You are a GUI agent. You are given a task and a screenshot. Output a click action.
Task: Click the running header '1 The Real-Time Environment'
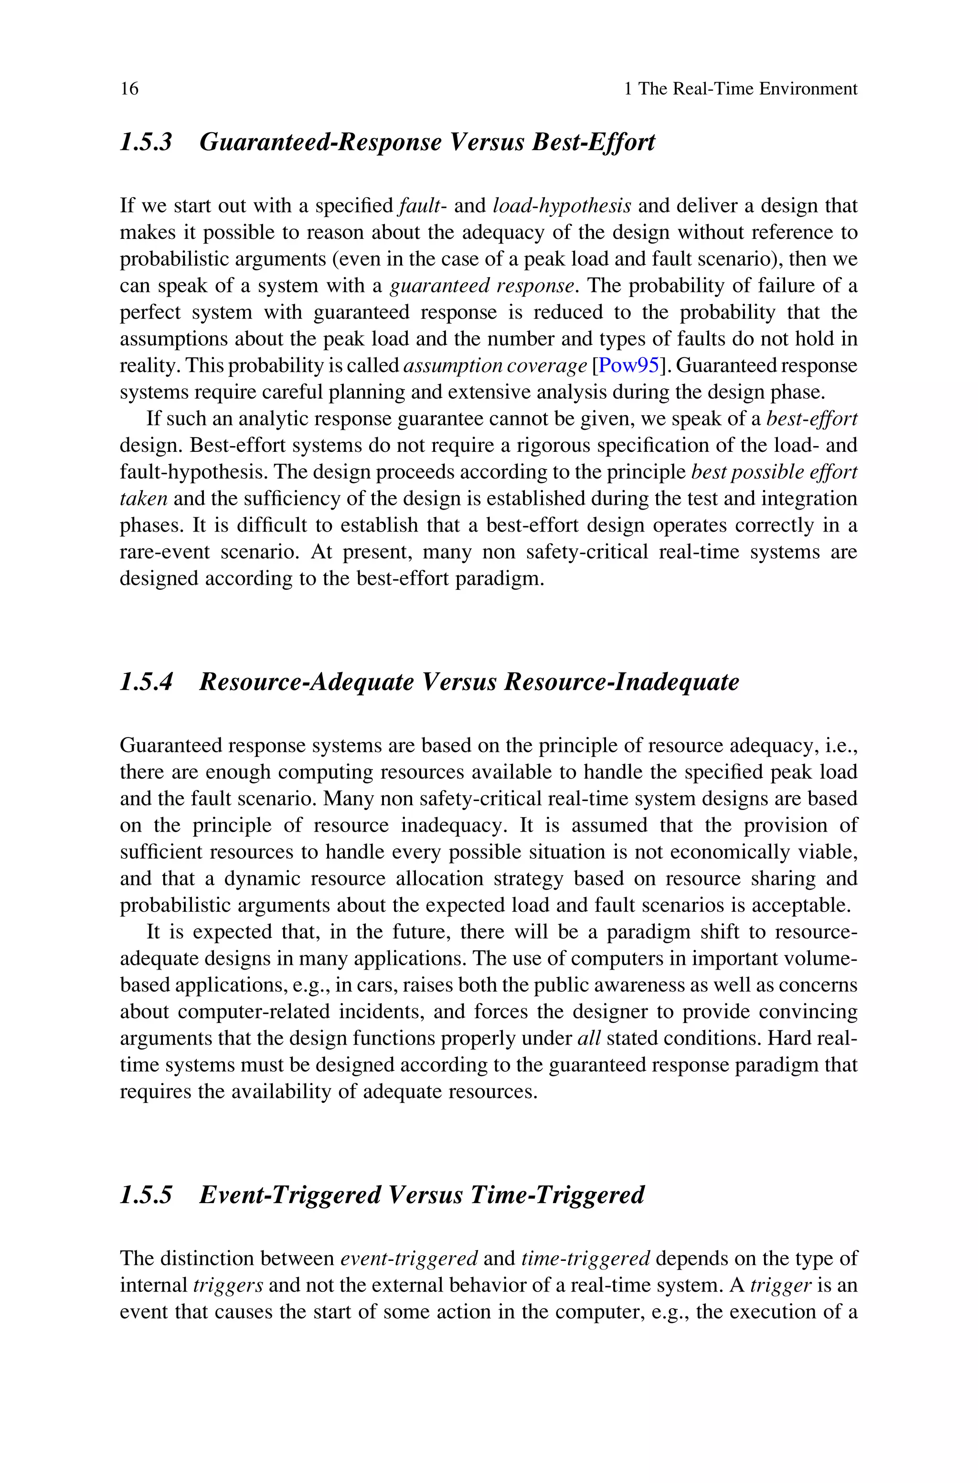740,89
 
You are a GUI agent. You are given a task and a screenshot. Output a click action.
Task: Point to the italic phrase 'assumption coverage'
495,365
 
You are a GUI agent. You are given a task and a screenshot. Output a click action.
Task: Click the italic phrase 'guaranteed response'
481,286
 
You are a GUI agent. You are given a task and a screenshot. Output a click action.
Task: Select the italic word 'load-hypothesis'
562,206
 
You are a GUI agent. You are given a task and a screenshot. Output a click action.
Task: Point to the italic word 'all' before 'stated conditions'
589,1038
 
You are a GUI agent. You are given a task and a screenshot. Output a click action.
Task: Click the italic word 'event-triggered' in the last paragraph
409,1259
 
